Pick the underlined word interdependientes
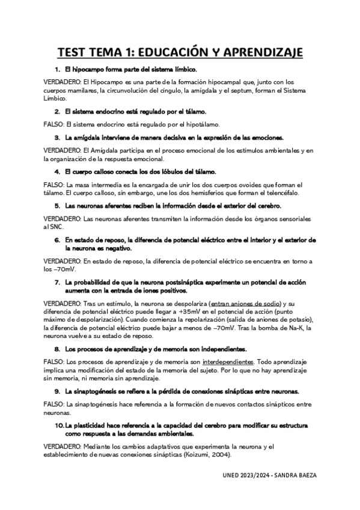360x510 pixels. [229, 361]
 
